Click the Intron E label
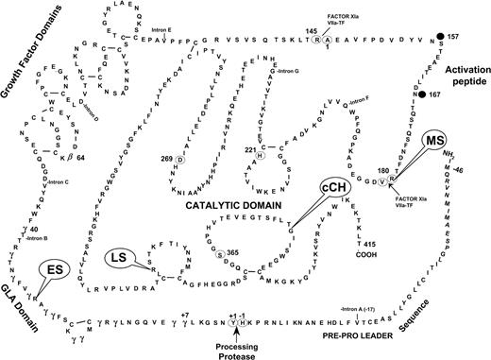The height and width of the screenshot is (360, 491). click(165, 41)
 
